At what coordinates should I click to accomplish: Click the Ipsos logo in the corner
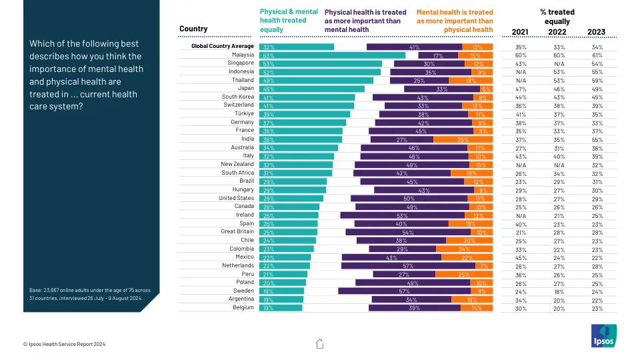tap(604, 335)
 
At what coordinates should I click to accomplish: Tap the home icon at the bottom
tap(319, 343)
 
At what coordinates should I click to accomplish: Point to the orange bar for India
tap(463, 139)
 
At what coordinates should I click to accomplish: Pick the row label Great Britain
tap(237, 232)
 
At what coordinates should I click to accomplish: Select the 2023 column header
tap(596, 32)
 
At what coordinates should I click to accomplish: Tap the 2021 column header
tap(520, 32)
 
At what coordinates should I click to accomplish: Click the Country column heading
tap(193, 29)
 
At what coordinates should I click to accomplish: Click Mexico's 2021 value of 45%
tap(521, 257)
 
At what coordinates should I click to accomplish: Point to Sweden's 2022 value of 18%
tap(558, 291)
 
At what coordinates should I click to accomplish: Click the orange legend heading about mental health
tap(455, 21)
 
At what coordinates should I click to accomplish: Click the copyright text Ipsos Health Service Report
tap(64, 344)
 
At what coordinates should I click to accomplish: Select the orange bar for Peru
tap(464, 274)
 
